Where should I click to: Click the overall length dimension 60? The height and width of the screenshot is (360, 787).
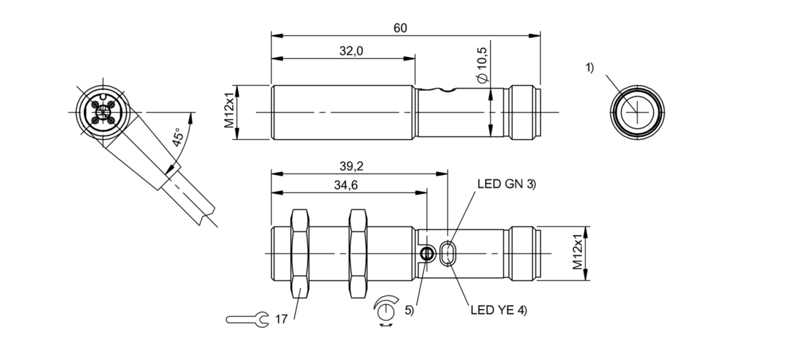(400, 28)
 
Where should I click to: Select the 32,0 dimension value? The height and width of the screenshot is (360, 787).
(351, 51)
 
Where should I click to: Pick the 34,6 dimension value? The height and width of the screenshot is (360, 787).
(346, 185)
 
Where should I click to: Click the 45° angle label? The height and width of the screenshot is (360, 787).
(178, 138)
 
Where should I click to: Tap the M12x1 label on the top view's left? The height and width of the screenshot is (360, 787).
(229, 113)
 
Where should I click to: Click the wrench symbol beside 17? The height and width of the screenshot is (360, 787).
(247, 319)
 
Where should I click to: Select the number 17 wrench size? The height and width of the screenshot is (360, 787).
(281, 319)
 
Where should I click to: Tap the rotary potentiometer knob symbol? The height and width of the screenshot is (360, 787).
(386, 311)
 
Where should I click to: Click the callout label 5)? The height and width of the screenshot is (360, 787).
(409, 311)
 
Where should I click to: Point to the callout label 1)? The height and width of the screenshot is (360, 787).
(589, 68)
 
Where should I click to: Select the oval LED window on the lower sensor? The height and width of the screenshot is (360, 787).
(448, 253)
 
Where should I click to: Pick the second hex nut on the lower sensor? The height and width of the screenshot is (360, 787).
(358, 253)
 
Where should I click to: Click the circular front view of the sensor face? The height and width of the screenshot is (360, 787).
(636, 112)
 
